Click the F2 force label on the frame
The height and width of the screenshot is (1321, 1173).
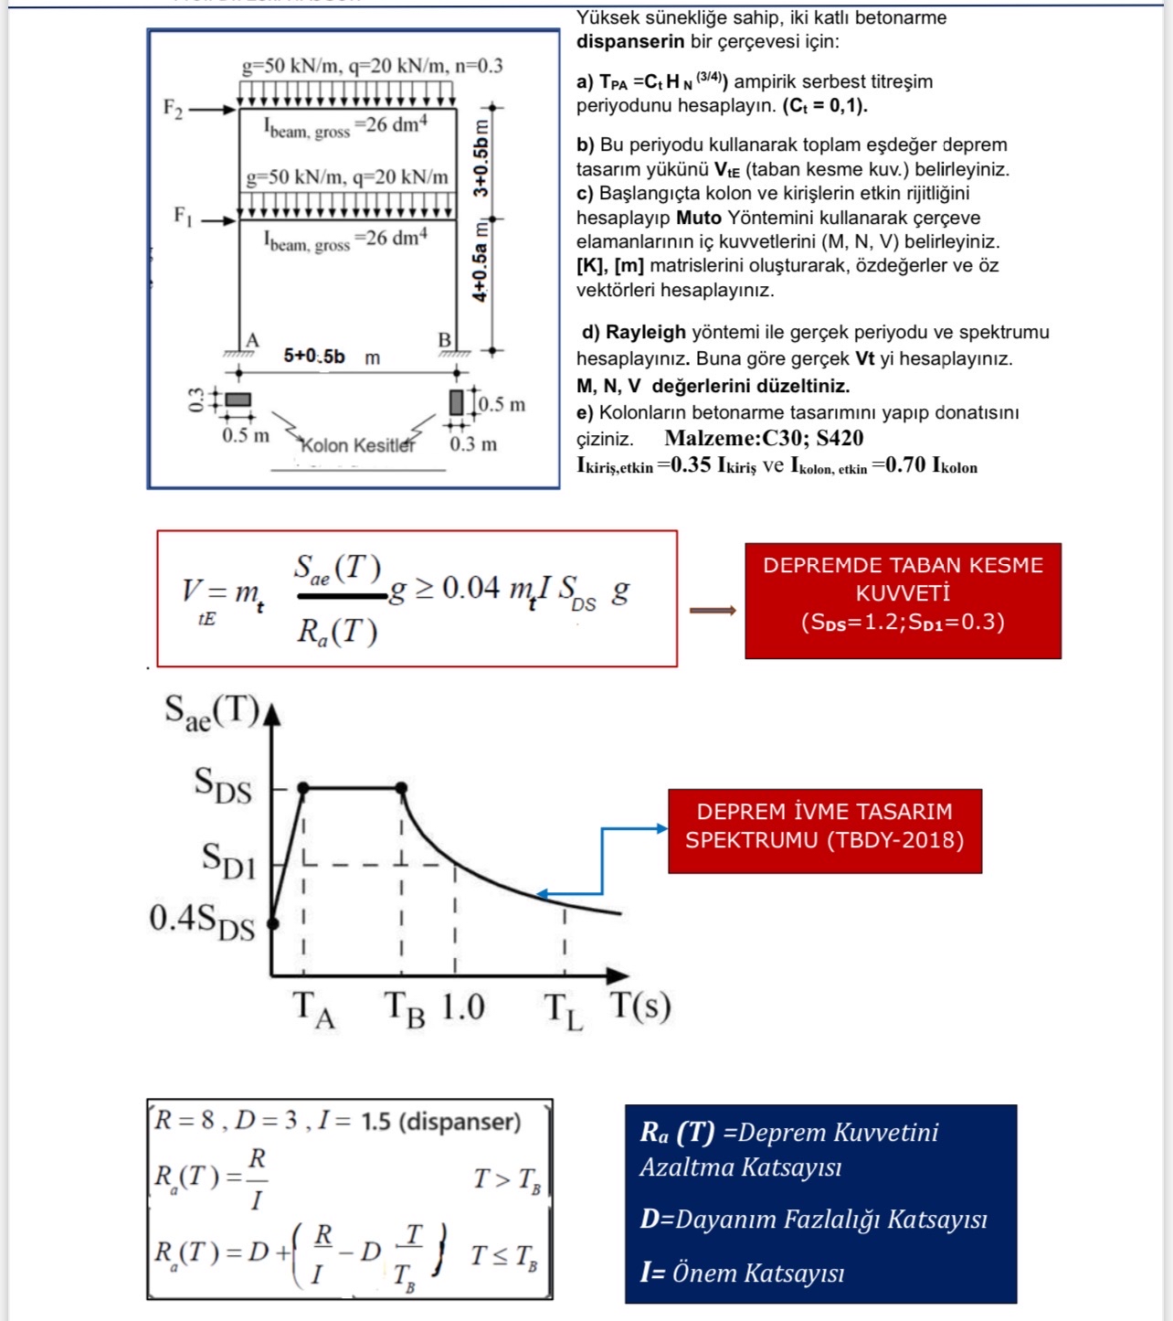tap(173, 108)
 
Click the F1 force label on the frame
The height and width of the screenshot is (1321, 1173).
tap(183, 216)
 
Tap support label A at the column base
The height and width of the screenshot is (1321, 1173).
tap(252, 340)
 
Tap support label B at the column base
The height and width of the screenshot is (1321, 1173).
tap(445, 340)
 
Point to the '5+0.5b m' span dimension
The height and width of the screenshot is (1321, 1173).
tap(331, 357)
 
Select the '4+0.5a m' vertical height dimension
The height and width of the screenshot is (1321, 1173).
tap(481, 261)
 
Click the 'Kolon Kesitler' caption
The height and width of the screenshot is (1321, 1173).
tap(357, 445)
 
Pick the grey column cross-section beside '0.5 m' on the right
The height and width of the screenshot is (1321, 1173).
tap(456, 402)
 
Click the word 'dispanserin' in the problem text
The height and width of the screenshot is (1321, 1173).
tap(630, 41)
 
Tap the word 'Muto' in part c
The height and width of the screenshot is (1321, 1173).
tap(698, 218)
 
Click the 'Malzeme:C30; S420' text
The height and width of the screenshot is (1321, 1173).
tap(764, 439)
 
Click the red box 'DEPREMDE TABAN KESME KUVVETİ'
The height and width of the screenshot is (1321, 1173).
tap(903, 600)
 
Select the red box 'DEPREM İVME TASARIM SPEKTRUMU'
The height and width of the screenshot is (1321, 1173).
tap(824, 830)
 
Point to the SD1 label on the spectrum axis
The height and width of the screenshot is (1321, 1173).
tap(228, 860)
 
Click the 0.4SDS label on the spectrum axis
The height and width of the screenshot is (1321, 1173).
tap(202, 920)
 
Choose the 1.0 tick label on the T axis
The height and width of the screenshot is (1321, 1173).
tap(463, 1007)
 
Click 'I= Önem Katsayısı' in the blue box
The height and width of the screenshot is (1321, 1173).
tap(742, 1273)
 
